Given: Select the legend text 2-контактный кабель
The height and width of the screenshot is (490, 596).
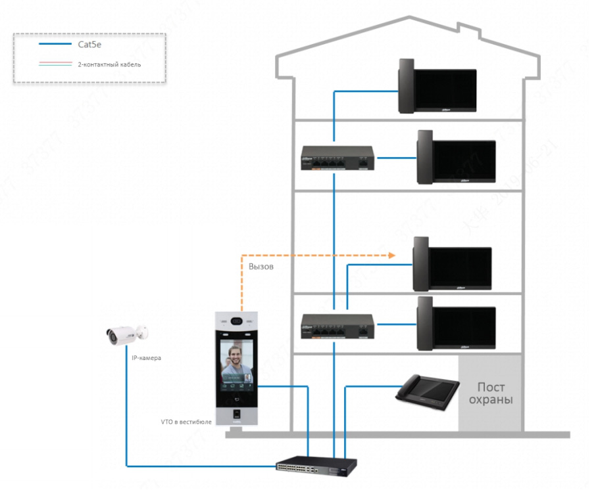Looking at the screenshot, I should click(x=109, y=65).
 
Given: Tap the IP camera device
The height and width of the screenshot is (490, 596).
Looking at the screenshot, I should click(x=126, y=334).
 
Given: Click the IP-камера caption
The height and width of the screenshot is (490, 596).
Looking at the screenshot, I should click(x=145, y=358).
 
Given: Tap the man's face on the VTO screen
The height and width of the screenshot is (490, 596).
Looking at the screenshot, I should click(x=234, y=357).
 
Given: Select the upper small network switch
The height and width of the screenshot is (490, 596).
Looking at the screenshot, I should click(x=337, y=158).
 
